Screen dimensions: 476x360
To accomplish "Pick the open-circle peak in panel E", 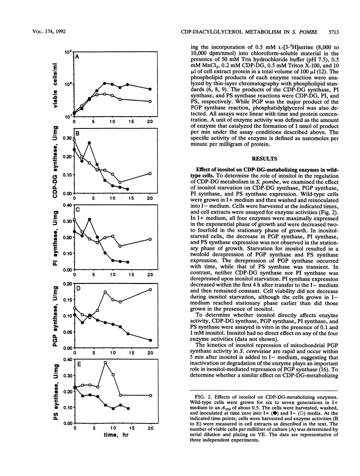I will (105, 363).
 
